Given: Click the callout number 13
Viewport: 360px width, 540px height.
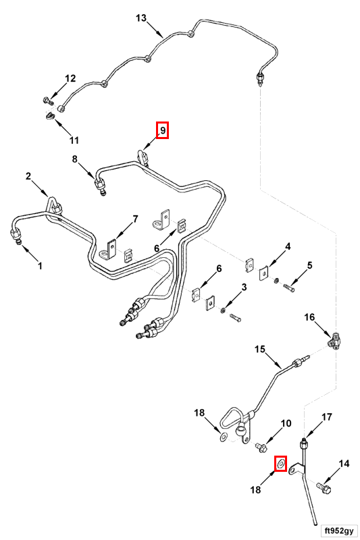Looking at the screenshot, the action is pyautogui.click(x=141, y=18).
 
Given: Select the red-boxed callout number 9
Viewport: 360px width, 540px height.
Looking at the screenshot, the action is pyautogui.click(x=163, y=130).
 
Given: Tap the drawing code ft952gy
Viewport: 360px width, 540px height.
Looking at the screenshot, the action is pyautogui.click(x=338, y=531).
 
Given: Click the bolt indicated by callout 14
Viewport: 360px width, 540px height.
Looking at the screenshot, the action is pyautogui.click(x=324, y=487).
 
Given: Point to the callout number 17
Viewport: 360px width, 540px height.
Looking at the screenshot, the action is pyautogui.click(x=327, y=417).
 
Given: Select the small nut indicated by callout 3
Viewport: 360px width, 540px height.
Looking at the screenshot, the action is pyautogui.click(x=223, y=310).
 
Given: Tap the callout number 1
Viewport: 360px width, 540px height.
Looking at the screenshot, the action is pyautogui.click(x=40, y=266).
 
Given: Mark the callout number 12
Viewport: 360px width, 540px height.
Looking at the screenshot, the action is pyautogui.click(x=70, y=78).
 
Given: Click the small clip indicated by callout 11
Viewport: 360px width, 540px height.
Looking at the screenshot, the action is pyautogui.click(x=50, y=116).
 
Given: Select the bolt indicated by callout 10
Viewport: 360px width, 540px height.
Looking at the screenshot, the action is pyautogui.click(x=261, y=448).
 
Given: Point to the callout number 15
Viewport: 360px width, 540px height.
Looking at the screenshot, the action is pyautogui.click(x=260, y=349).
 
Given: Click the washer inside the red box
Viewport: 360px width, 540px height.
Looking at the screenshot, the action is pyautogui.click(x=281, y=464).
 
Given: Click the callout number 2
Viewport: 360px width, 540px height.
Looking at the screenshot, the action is pyautogui.click(x=28, y=176).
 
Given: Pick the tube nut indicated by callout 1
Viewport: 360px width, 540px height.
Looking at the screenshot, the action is pyautogui.click(x=16, y=236).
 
